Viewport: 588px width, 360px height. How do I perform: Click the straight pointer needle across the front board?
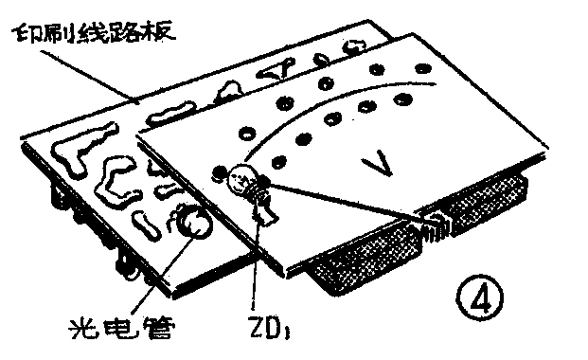[350, 204]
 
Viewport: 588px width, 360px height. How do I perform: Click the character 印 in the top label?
[26, 36]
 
